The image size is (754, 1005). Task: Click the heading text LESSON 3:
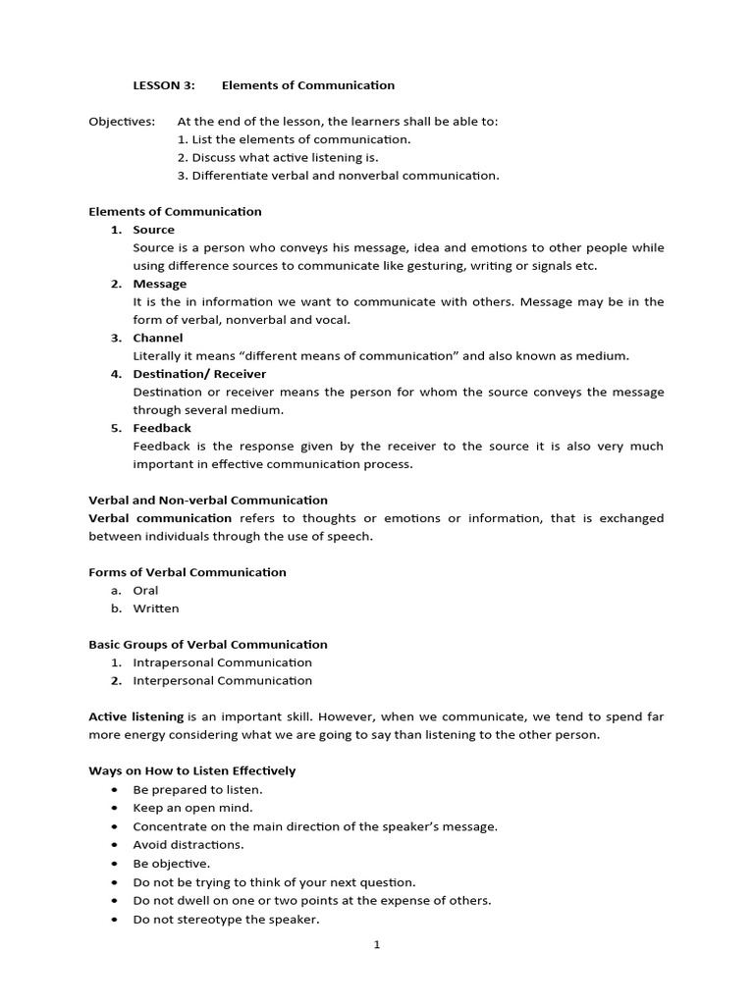(x=164, y=85)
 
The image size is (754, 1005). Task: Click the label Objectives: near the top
(x=122, y=121)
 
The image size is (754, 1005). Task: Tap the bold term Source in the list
(x=154, y=230)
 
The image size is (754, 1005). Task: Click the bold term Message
(x=160, y=284)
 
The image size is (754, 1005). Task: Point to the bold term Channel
(x=158, y=338)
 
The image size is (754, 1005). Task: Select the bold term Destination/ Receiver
(x=199, y=374)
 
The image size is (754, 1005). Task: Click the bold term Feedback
(x=162, y=428)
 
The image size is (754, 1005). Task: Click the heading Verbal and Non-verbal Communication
(x=208, y=501)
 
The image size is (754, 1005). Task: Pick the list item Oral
(x=145, y=591)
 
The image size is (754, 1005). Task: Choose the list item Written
(x=156, y=608)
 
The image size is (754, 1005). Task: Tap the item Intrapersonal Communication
(x=223, y=662)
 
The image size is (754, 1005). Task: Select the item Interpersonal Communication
(x=223, y=680)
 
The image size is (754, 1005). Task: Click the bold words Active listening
(x=135, y=717)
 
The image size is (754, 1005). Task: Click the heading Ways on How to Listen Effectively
(x=191, y=771)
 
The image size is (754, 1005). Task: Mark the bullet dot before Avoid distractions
(x=116, y=845)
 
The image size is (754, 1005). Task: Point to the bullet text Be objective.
(x=172, y=864)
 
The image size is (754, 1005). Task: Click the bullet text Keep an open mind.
(x=193, y=808)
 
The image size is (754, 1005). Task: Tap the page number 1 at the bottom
(x=377, y=945)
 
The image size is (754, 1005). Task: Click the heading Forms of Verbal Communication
(x=188, y=572)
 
